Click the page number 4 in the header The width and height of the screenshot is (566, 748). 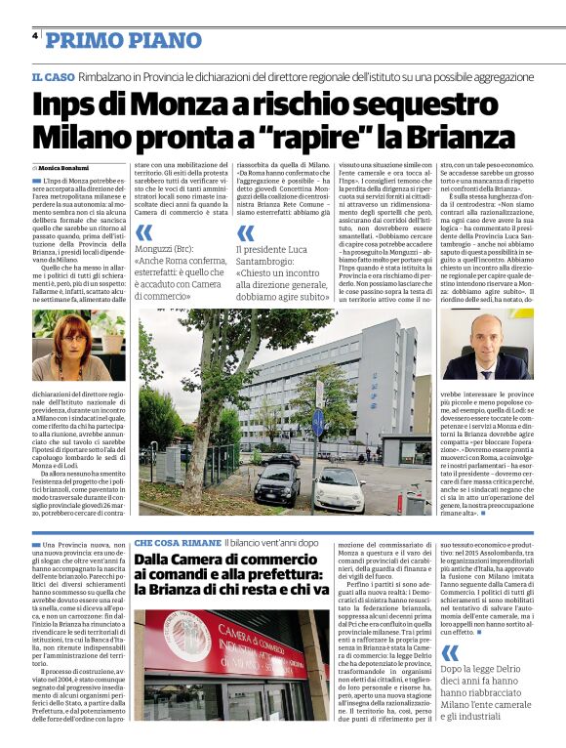[34, 35]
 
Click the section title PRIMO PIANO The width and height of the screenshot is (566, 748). [111, 39]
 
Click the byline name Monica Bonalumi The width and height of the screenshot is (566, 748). [63, 168]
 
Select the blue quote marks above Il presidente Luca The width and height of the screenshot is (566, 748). [246, 232]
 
